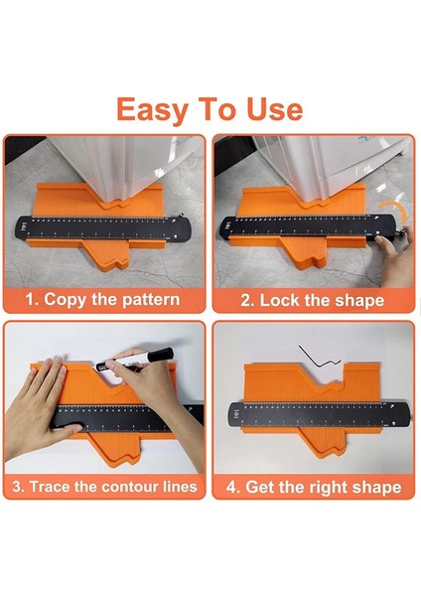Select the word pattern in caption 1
(146, 299)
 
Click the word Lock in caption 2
(284, 299)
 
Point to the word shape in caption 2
(358, 299)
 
